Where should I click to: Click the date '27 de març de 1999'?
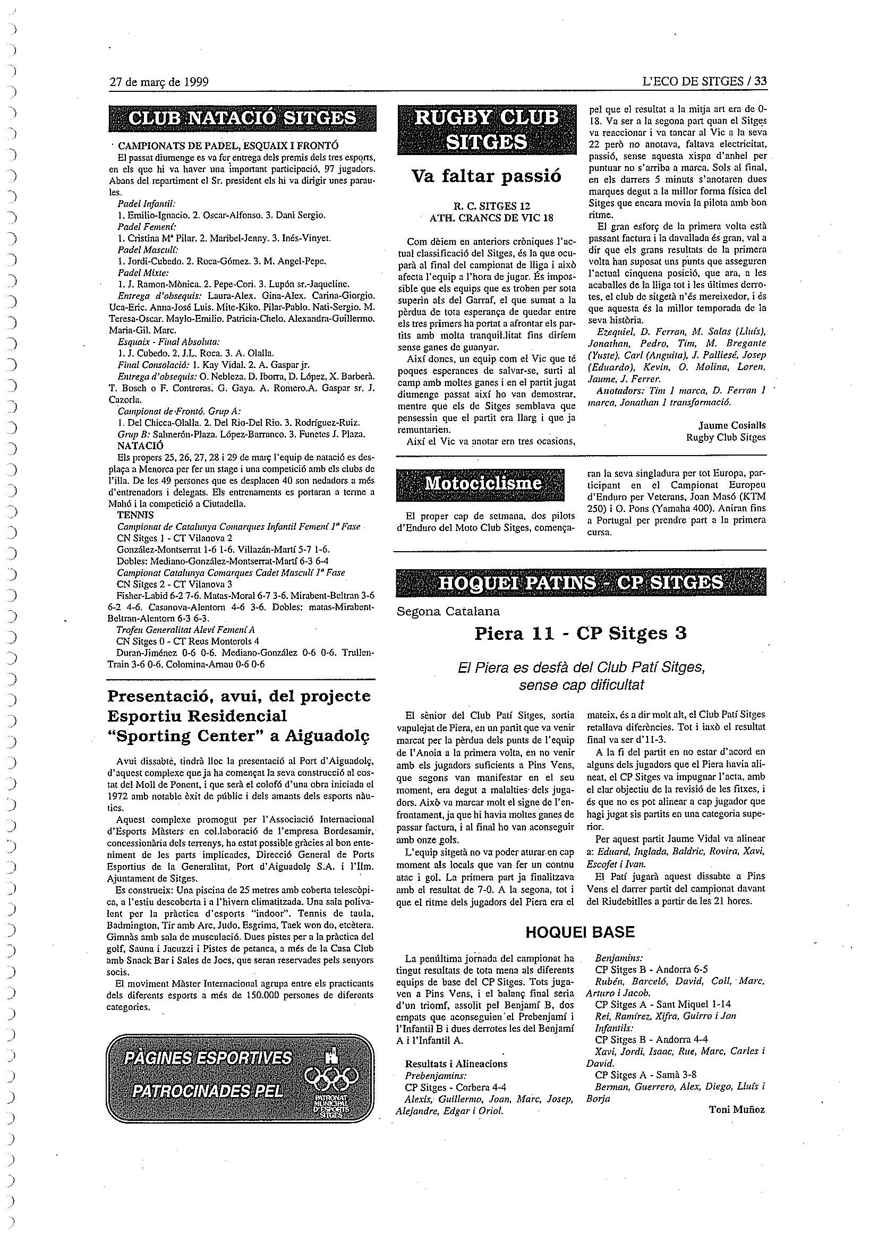pos(158,82)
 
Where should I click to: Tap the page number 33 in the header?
pos(760,82)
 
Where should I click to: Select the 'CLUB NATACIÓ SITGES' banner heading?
pos(241,118)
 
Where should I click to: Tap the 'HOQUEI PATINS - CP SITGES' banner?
pos(581,582)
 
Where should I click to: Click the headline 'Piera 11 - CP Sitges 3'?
pos(580,633)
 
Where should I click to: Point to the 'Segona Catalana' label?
pos(448,611)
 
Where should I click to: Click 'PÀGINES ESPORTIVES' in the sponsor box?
pos(208,1058)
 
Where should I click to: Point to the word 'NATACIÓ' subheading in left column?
pos(140,446)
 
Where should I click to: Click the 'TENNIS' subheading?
pos(135,515)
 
